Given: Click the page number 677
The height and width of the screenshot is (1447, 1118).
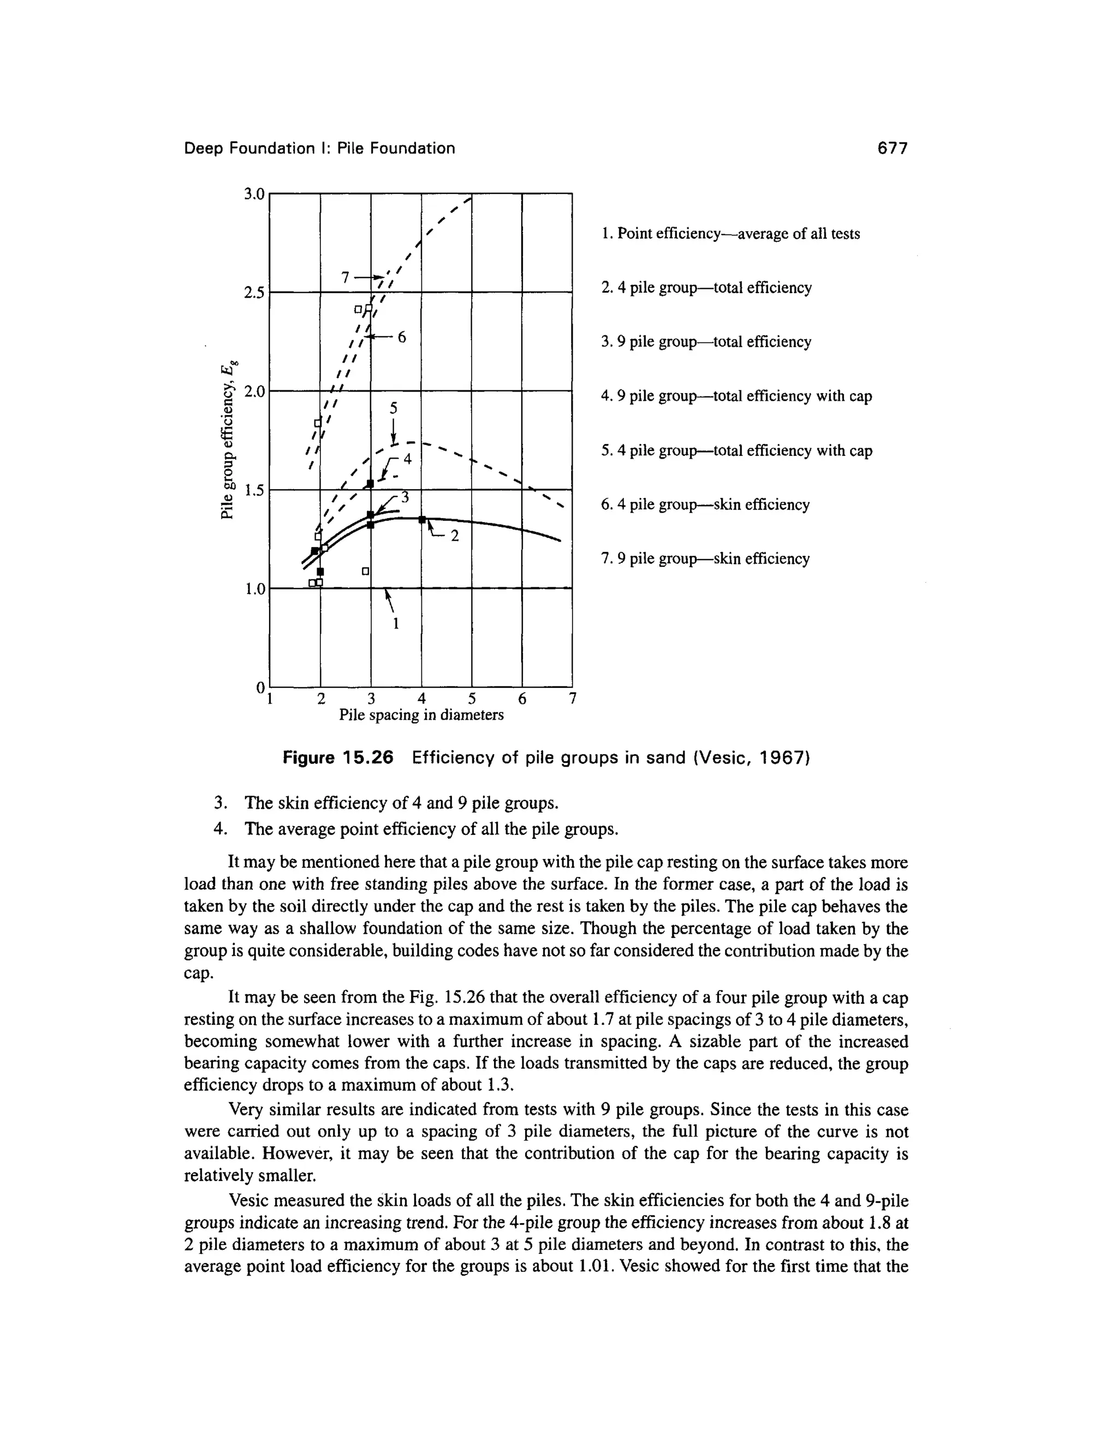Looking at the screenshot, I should pyautogui.click(x=891, y=149).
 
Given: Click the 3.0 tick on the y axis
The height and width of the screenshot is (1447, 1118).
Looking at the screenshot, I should pyautogui.click(x=254, y=194).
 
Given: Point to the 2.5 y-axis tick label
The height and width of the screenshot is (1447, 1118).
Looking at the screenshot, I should pyautogui.click(x=254, y=293).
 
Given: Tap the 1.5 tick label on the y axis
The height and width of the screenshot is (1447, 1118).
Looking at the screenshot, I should pyautogui.click(x=254, y=491).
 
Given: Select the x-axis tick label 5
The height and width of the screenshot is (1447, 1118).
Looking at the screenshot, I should pyautogui.click(x=472, y=698).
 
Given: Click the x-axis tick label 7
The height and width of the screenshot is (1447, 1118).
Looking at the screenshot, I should pyautogui.click(x=573, y=698).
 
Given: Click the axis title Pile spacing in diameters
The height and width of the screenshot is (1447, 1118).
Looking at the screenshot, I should pyautogui.click(x=421, y=715).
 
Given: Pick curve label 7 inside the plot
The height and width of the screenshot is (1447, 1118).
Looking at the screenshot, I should pyautogui.click(x=345, y=277).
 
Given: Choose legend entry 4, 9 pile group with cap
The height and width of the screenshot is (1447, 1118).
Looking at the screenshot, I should pyautogui.click(x=736, y=396).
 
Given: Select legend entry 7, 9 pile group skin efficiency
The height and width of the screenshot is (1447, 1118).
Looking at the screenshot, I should pyautogui.click(x=705, y=559).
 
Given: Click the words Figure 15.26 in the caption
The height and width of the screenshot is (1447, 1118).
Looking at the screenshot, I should pyautogui.click(x=338, y=757).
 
